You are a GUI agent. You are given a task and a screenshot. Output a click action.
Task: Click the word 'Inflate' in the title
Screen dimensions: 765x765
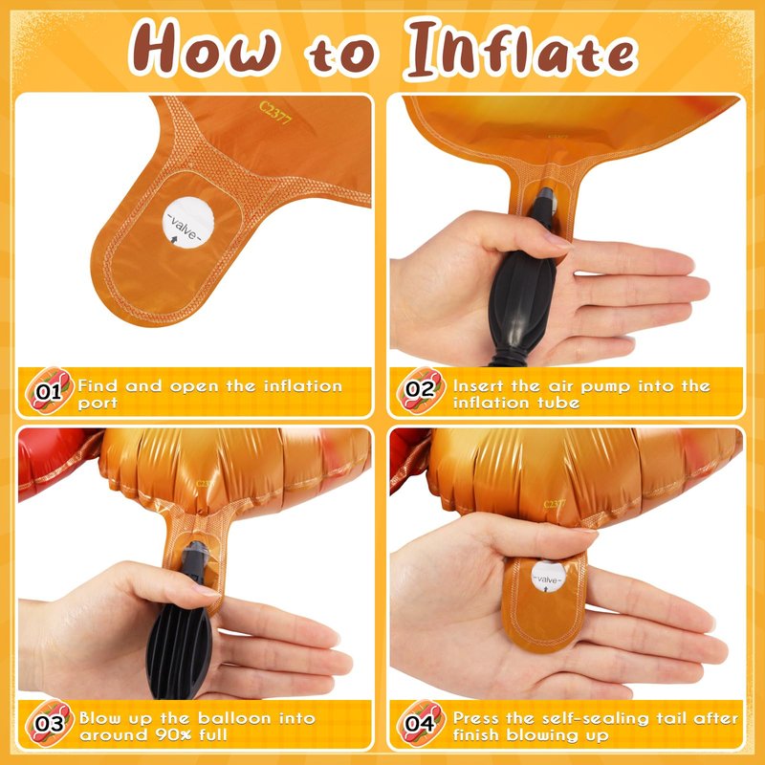[x=521, y=50]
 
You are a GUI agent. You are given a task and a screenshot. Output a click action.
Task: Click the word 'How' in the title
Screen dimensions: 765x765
[x=205, y=47]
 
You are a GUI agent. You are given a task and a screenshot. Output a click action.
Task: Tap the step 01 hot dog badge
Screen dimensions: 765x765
[x=50, y=390]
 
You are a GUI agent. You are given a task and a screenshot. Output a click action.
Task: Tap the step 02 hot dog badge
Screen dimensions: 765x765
[x=421, y=390]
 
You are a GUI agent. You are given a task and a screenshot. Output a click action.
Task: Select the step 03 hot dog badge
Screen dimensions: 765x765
[x=50, y=723]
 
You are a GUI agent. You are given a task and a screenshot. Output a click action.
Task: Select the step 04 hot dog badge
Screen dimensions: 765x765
[x=421, y=723]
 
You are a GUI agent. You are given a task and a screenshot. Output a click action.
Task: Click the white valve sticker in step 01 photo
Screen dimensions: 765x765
[x=187, y=223]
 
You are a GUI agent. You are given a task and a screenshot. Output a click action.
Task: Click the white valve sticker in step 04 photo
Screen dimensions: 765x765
[x=548, y=577]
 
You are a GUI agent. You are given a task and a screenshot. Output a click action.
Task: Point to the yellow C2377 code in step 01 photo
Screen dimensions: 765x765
[x=275, y=113]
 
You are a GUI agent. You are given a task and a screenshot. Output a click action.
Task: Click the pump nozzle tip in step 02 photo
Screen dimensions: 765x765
[x=546, y=196]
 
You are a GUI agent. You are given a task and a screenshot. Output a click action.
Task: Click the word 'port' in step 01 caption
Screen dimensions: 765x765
[x=98, y=404]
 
